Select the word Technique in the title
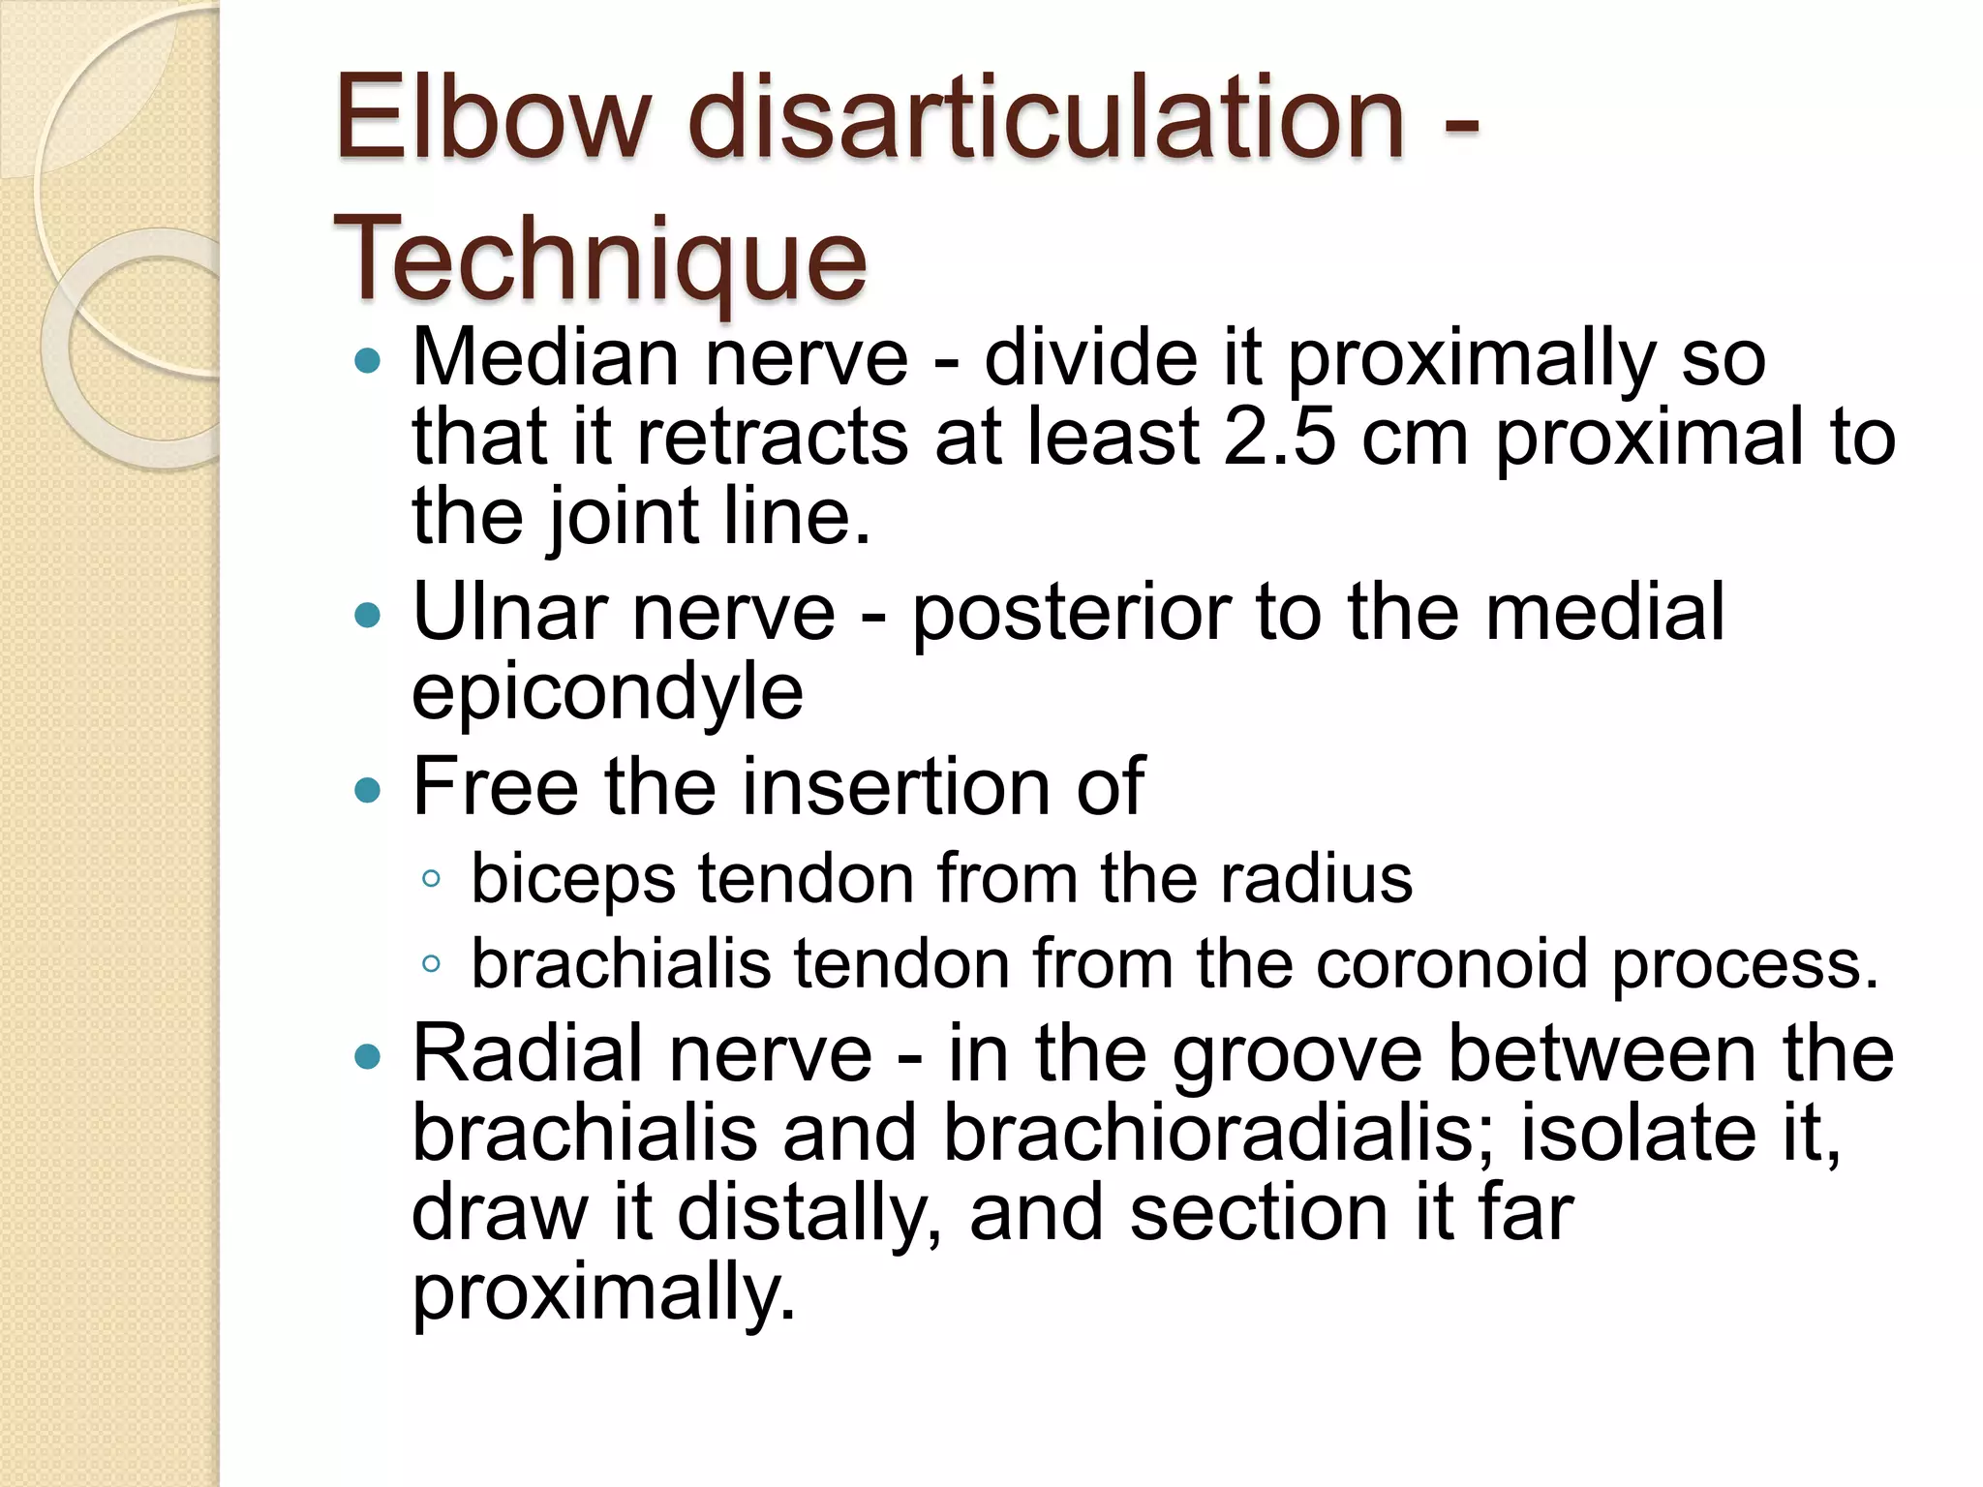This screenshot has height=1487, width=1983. [600, 259]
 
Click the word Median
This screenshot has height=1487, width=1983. [545, 357]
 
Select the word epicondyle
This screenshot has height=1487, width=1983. [607, 693]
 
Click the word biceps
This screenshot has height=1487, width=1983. [572, 880]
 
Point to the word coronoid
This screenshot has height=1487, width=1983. [1451, 964]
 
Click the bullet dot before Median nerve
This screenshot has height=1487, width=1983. [368, 362]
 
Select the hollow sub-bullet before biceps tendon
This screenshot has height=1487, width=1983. [431, 879]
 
